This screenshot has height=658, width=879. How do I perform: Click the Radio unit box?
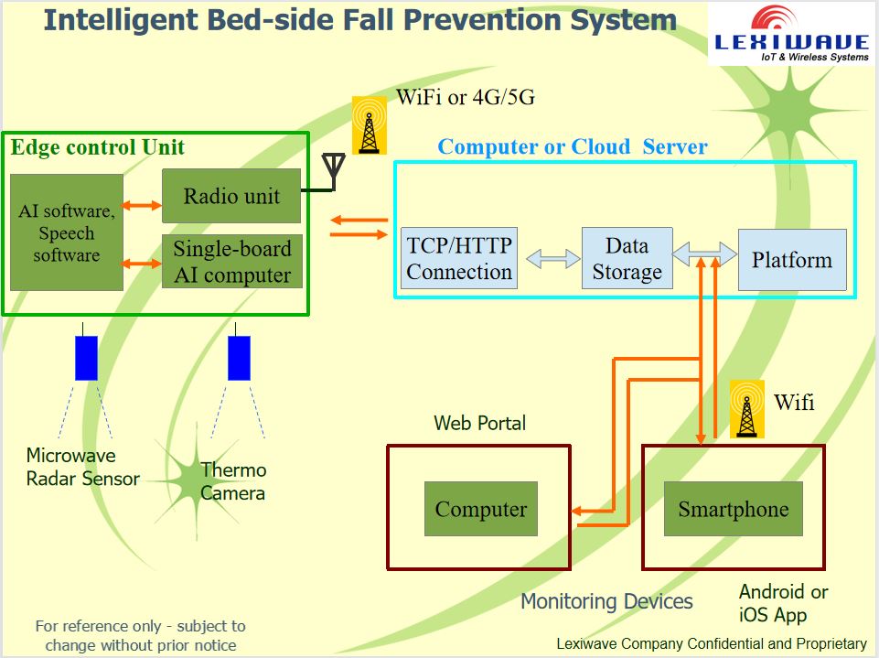click(x=231, y=196)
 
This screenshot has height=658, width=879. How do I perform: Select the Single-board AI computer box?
click(x=231, y=262)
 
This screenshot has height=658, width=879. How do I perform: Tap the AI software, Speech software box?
click(x=67, y=232)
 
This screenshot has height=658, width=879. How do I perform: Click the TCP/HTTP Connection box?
click(x=459, y=259)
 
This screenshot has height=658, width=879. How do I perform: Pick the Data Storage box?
click(x=627, y=259)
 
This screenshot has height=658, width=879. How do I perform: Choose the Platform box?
click(x=791, y=260)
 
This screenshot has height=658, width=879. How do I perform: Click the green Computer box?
click(x=481, y=510)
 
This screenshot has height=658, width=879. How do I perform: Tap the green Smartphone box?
click(x=733, y=510)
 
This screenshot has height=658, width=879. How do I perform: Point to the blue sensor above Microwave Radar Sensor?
click(x=86, y=358)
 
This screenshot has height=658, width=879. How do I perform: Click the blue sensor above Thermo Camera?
click(x=239, y=358)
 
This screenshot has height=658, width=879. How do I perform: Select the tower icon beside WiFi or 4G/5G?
click(x=370, y=125)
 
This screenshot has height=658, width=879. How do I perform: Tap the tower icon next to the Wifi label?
click(x=746, y=409)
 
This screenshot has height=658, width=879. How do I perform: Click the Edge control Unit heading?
click(x=97, y=147)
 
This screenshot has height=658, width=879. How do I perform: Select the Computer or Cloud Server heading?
click(x=573, y=146)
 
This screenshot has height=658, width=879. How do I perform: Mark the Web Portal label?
click(x=480, y=423)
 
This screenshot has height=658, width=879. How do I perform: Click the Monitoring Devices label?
click(x=606, y=601)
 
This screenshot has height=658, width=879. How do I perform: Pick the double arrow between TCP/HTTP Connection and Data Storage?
click(x=547, y=260)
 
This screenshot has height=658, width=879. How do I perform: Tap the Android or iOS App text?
click(x=783, y=603)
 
